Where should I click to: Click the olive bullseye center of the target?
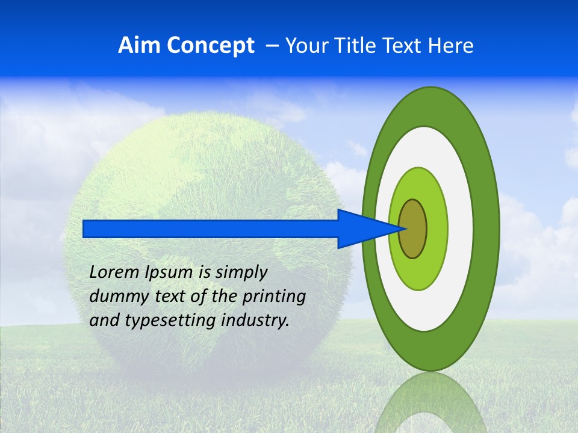[413, 229]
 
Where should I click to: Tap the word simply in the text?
[241, 272]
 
